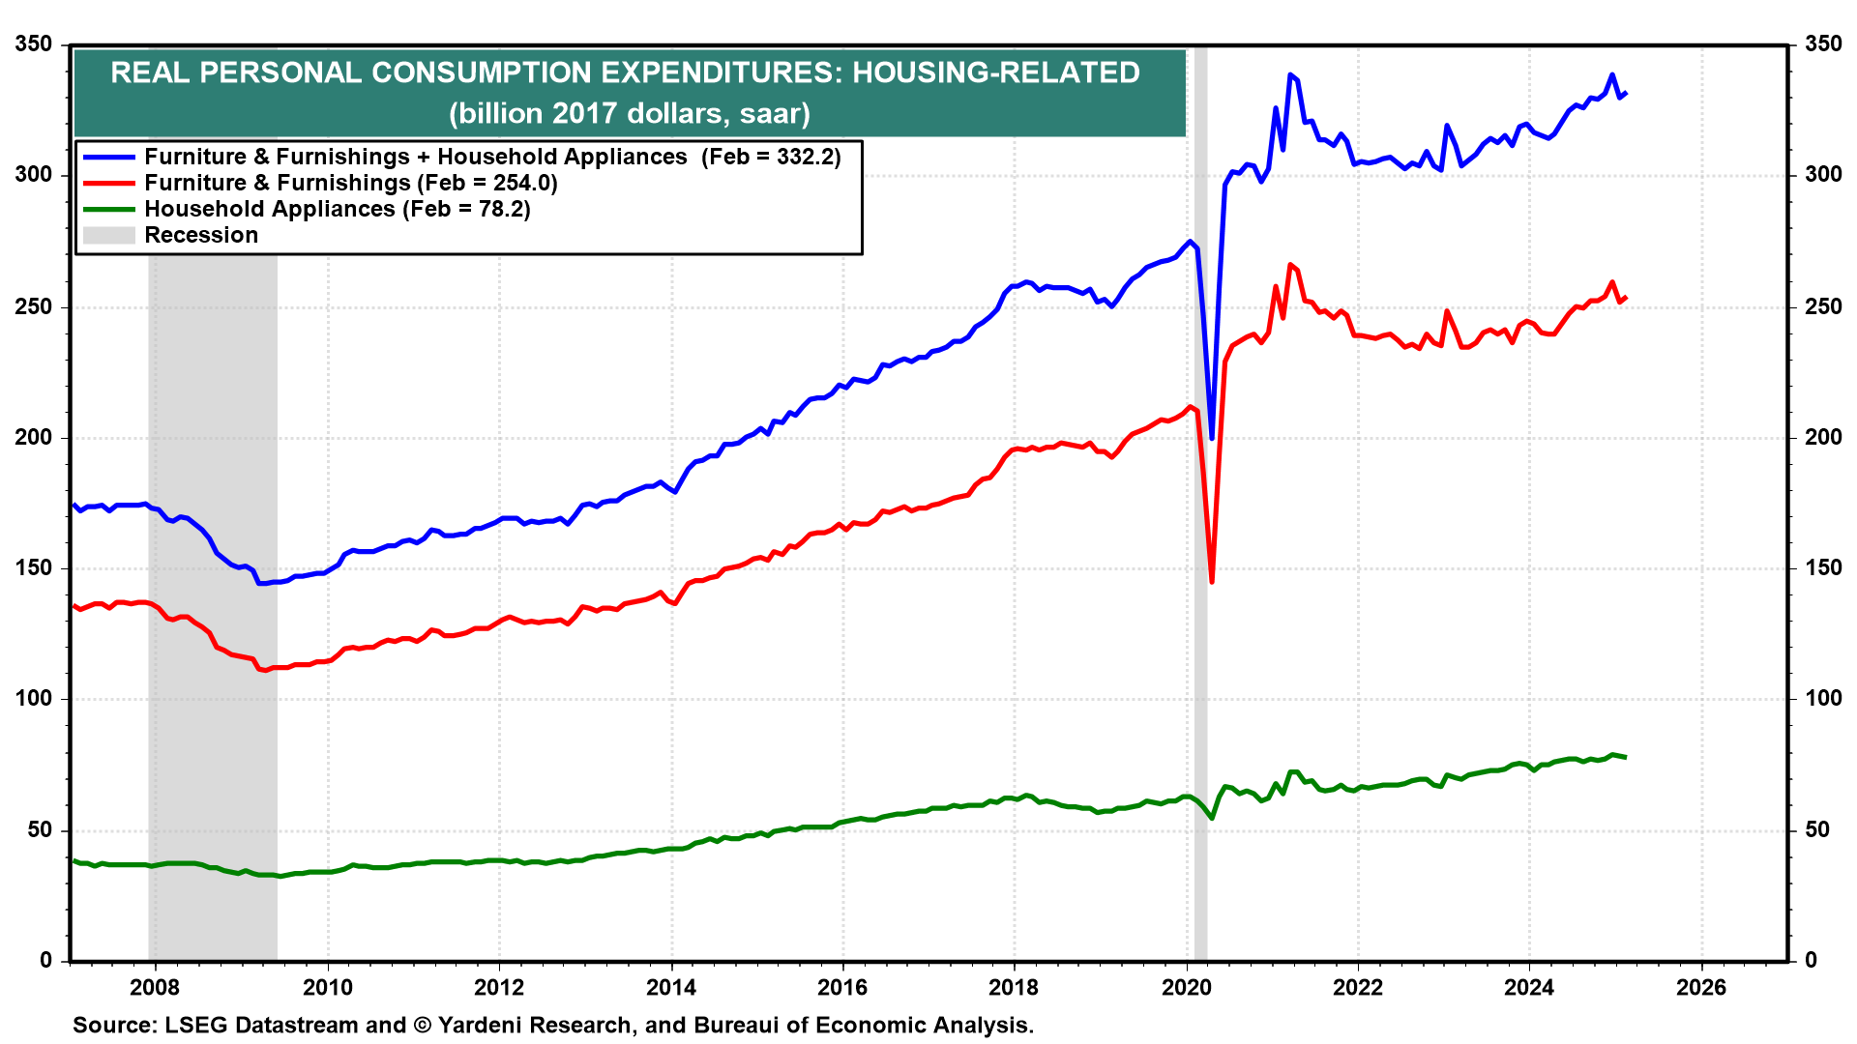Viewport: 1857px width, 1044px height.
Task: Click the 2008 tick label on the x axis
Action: (x=155, y=987)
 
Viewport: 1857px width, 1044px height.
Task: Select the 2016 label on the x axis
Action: (x=842, y=987)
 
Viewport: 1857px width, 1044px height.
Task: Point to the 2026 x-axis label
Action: (x=1701, y=987)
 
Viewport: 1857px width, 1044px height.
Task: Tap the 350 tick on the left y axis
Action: (x=35, y=44)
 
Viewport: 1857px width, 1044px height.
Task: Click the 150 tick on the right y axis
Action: (x=1823, y=567)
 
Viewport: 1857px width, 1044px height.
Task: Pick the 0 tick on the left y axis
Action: (x=46, y=960)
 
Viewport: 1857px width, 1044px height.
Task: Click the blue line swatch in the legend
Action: (x=108, y=157)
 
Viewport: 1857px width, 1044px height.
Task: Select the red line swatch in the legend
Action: (x=108, y=183)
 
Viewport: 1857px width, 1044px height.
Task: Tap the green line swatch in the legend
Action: (x=108, y=209)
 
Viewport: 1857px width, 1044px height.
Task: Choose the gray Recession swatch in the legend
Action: (x=108, y=235)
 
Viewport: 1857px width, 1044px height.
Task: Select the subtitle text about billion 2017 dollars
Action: (x=630, y=113)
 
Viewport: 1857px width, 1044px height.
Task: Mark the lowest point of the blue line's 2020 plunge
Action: (x=1212, y=439)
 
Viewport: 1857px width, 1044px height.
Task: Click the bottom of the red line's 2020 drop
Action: (x=1212, y=582)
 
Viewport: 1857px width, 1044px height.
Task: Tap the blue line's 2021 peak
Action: (x=1290, y=74)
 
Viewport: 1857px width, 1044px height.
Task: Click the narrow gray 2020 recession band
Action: (x=1200, y=503)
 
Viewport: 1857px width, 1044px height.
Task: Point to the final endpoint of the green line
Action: (x=1626, y=757)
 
